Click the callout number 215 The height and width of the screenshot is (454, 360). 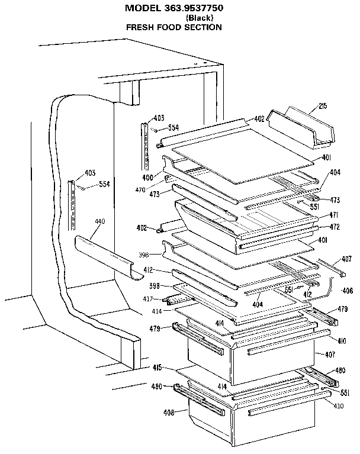point(323,107)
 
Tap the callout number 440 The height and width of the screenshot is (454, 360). point(99,221)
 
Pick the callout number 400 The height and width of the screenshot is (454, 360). point(147,178)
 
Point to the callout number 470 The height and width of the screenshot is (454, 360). point(140,190)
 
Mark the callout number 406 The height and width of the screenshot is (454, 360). point(348,291)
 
